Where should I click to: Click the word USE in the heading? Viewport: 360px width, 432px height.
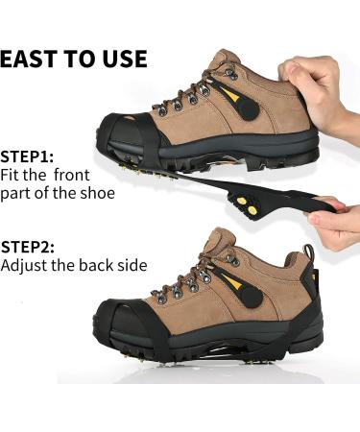click(126, 60)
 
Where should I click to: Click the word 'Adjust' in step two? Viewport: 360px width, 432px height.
click(26, 264)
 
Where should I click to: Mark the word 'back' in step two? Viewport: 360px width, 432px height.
click(97, 264)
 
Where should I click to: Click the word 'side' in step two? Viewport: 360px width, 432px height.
click(132, 264)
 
